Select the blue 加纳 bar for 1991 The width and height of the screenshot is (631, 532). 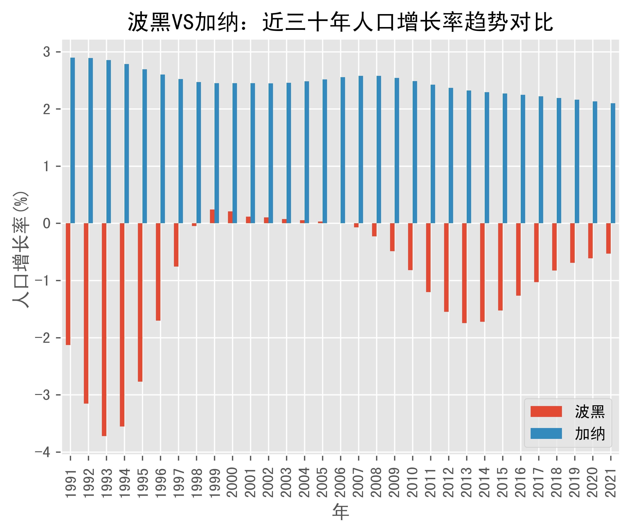click(x=73, y=141)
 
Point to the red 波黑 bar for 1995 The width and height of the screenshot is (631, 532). click(x=140, y=302)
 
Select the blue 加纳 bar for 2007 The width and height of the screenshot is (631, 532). click(x=361, y=150)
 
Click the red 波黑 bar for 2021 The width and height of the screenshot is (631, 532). click(x=608, y=238)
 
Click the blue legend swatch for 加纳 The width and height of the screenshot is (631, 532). click(x=546, y=433)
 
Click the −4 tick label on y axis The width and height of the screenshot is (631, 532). click(x=43, y=452)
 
